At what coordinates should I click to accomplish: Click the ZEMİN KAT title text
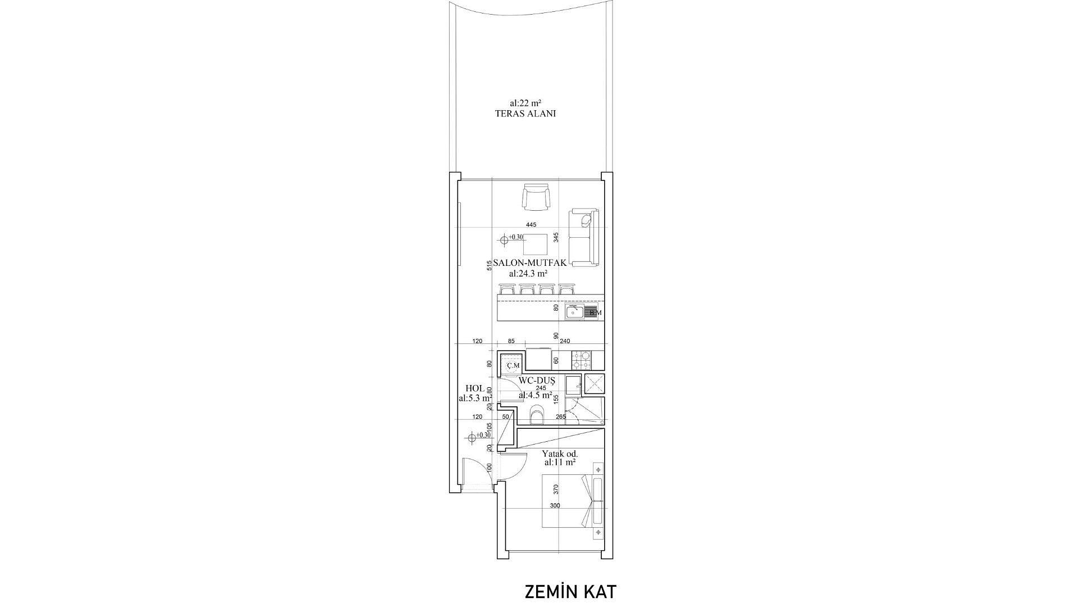(x=570, y=592)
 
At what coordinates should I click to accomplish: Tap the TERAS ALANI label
(x=525, y=114)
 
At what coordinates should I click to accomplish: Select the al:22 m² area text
(x=525, y=103)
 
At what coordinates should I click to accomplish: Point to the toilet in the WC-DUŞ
(x=537, y=416)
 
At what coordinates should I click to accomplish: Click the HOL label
(x=475, y=388)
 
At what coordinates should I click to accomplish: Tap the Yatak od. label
(x=560, y=454)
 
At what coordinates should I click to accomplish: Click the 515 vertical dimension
(x=489, y=265)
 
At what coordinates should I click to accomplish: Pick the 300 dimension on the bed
(x=555, y=506)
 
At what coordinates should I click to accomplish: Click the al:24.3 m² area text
(x=528, y=274)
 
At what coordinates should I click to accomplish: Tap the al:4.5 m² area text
(x=535, y=395)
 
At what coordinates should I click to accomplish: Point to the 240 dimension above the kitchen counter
(x=565, y=341)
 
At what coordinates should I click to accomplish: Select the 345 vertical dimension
(x=556, y=237)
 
